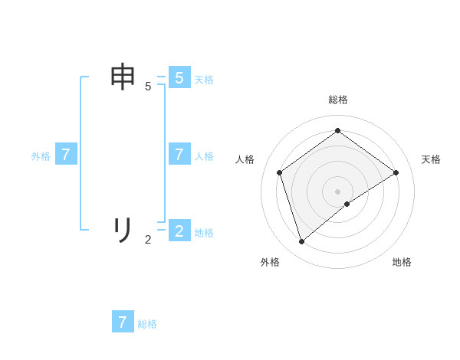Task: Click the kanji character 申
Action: (x=124, y=78)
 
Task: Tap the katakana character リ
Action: (x=123, y=229)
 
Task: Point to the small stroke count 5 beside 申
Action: (x=148, y=87)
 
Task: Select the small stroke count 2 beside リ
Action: (x=148, y=239)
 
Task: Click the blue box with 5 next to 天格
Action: (x=179, y=77)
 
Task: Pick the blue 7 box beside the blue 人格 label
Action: (x=179, y=154)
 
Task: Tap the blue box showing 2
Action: (x=179, y=231)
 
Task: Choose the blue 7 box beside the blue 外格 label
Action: (x=66, y=154)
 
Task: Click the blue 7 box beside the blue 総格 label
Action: (x=123, y=322)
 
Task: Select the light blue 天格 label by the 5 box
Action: (x=204, y=80)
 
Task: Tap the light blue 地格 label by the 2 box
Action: (x=204, y=233)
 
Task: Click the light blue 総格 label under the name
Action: (x=147, y=324)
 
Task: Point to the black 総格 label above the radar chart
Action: (x=337, y=100)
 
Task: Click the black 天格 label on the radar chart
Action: (x=432, y=159)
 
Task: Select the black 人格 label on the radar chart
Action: (x=245, y=159)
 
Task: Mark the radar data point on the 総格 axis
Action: (x=337, y=130)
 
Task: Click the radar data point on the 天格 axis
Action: (x=396, y=172)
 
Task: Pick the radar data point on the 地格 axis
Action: (x=347, y=204)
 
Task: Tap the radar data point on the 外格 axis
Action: (x=301, y=242)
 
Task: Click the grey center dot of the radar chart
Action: (x=337, y=191)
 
